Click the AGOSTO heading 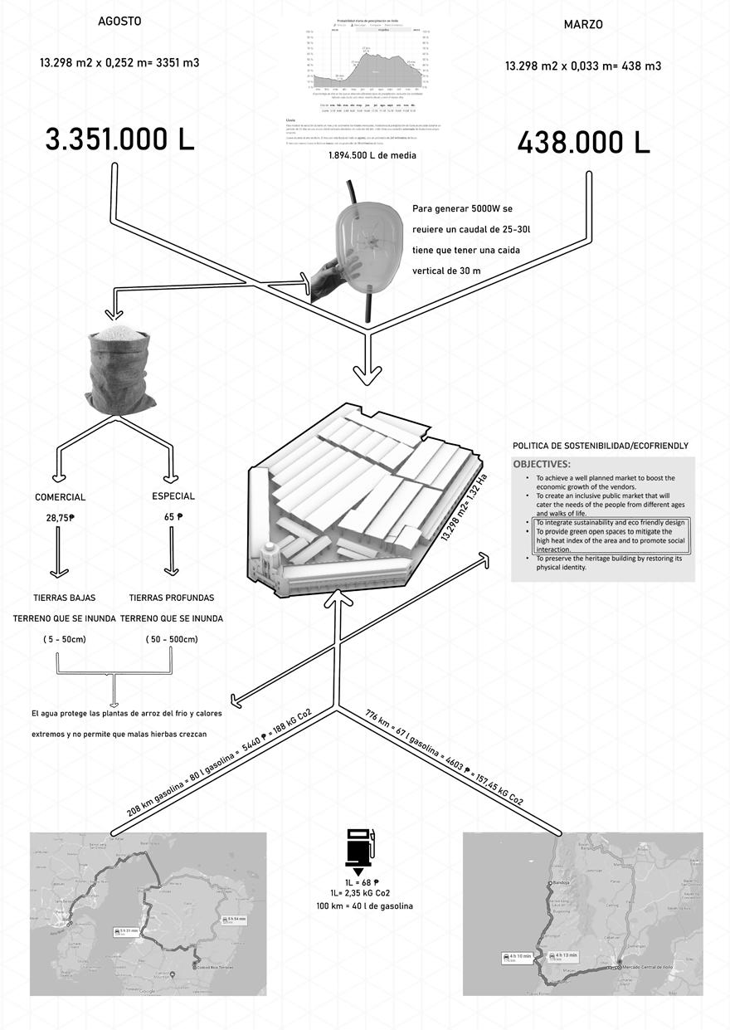point(119,22)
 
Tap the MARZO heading point(583,25)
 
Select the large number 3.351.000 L point(120,139)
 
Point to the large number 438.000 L point(583,143)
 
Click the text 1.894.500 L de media point(372,155)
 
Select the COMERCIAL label point(60,497)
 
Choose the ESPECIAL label point(173,496)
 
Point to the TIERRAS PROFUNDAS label point(172,598)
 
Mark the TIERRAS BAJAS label point(64,598)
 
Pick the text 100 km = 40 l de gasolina point(364,906)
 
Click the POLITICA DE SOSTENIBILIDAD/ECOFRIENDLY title point(601,446)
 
